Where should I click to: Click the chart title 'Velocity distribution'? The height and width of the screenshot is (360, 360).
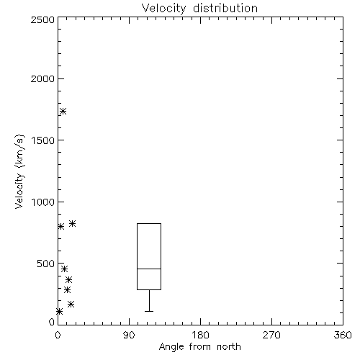(199, 8)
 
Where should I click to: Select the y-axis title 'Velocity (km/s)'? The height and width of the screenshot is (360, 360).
(19, 171)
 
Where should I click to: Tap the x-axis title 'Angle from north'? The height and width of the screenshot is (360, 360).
(199, 347)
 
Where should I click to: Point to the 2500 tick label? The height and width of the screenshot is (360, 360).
(42, 19)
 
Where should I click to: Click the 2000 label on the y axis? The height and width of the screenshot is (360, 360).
(42, 78)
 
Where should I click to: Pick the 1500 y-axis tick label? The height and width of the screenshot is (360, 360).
(43, 140)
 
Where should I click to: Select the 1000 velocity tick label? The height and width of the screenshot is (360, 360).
(43, 202)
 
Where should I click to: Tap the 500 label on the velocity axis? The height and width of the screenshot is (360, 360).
(46, 264)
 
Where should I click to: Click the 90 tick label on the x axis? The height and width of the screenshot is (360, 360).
(129, 335)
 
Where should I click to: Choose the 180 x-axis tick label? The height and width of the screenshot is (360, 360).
(200, 335)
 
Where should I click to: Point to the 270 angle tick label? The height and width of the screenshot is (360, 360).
(271, 335)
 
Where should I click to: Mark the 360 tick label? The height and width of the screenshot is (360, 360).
(343, 335)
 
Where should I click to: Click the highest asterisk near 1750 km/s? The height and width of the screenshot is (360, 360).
(63, 112)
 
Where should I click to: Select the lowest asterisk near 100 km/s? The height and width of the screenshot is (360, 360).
(59, 312)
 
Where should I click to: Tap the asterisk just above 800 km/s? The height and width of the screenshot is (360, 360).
(72, 224)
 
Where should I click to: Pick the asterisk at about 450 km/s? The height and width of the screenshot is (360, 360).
(64, 269)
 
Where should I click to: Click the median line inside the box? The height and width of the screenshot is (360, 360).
(149, 269)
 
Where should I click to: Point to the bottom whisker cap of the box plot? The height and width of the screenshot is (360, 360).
(149, 311)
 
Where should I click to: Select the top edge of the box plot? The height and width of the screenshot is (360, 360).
(149, 224)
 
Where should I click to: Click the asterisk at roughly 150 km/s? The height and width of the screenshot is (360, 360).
(71, 305)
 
